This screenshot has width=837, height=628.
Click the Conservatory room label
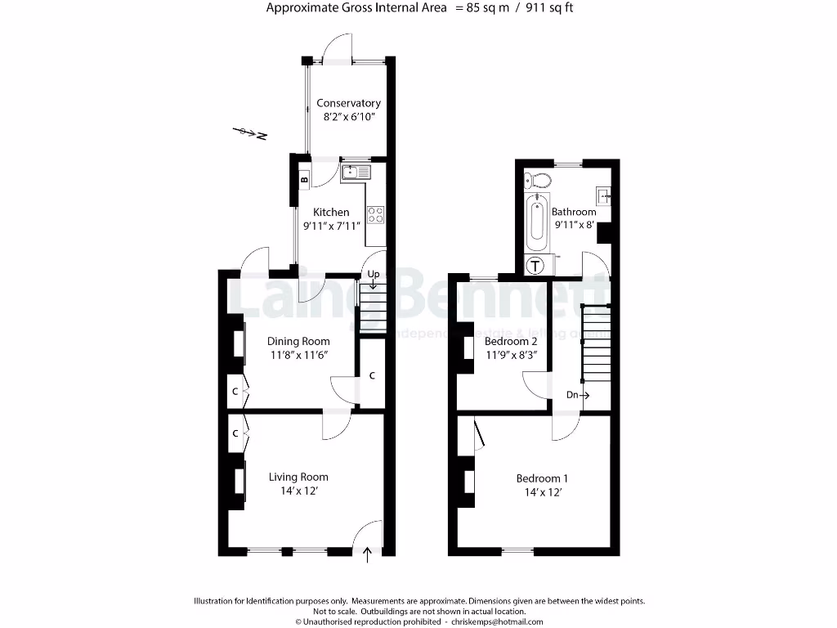click(348, 104)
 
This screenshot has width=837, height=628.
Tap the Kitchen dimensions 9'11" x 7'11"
click(331, 227)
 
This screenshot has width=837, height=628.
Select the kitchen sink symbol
click(356, 172)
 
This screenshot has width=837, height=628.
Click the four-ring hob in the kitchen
click(377, 214)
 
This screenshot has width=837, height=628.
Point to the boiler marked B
click(304, 179)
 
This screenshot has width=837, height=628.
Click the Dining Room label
click(299, 341)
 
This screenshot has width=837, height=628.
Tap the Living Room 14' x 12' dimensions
click(298, 492)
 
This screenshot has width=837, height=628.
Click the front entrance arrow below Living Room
click(366, 555)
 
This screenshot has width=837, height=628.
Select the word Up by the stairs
click(374, 274)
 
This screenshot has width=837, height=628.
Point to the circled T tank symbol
click(535, 265)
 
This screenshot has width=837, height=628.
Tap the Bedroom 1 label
click(542, 478)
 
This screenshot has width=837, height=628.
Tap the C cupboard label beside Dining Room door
click(372, 375)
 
